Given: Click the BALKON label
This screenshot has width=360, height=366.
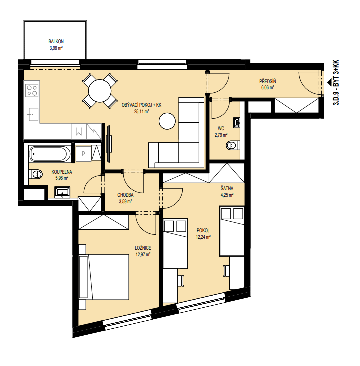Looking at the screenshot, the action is coord(56,42).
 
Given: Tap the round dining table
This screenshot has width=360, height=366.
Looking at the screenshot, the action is coord(100,91).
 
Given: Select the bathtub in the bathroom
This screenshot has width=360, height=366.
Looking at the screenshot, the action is coord(50,154).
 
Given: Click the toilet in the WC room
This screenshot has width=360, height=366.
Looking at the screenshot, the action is coord(233,145).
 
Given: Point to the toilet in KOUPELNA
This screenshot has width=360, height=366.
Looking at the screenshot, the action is coord(36,174).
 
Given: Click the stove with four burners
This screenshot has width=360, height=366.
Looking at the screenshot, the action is coord(32,90).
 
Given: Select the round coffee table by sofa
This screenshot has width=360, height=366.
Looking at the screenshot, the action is coord(167,121).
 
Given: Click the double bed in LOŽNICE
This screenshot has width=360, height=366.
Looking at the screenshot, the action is coord(104,277).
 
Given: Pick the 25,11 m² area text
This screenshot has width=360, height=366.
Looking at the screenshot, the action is coord(141,111).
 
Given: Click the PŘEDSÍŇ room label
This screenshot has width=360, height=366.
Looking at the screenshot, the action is coord(268,81).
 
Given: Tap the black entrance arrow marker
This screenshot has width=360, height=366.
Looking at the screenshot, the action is coord(329,82).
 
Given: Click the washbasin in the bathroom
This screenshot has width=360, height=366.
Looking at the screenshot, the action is coord(62,192).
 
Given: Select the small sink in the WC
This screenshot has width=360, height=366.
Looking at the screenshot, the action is coord(237,123).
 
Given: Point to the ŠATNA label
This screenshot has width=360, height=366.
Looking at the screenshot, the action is coord(227,188).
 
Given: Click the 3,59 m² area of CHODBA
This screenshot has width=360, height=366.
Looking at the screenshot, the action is coord(126,201).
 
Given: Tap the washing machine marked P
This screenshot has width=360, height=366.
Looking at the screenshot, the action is coord(83,154).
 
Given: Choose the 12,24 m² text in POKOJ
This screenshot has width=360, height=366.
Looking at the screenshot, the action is coord(203,237).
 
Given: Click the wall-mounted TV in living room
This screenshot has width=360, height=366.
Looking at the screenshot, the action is coord(109,144).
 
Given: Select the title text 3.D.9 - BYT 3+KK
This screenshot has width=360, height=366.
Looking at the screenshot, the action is coord(336,83).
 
